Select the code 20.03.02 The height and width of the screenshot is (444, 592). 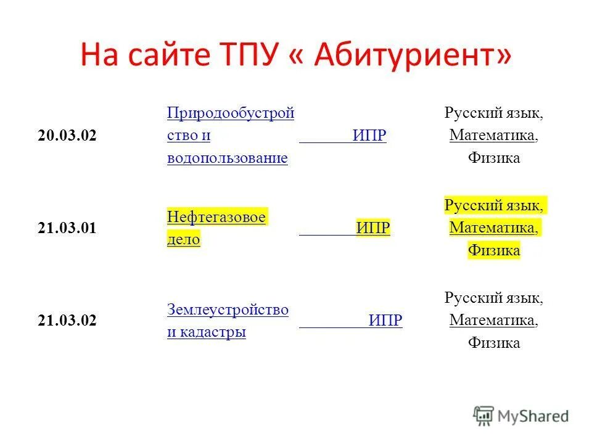pos(67,136)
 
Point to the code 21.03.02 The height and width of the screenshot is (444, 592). pos(67,321)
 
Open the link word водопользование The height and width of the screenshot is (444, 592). pos(228,158)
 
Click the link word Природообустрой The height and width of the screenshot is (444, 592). pos(230,113)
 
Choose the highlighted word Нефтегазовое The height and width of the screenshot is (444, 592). pos(216,218)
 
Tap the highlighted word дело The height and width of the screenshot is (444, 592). pos(184,240)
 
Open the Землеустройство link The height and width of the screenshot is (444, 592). pos(228,310)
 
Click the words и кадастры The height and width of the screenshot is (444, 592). pos(207,332)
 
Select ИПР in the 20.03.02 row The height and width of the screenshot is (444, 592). pos(369,136)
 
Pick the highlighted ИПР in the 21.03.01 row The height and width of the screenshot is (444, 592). pos(373,229)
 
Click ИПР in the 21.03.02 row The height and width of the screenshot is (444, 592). pos(385,321)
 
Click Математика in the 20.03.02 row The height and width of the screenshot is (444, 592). pos(492,136)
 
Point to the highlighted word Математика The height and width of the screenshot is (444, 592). pos(492,228)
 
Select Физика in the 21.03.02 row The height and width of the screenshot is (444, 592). pos(493,343)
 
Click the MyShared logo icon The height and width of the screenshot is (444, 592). pos(483,416)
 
